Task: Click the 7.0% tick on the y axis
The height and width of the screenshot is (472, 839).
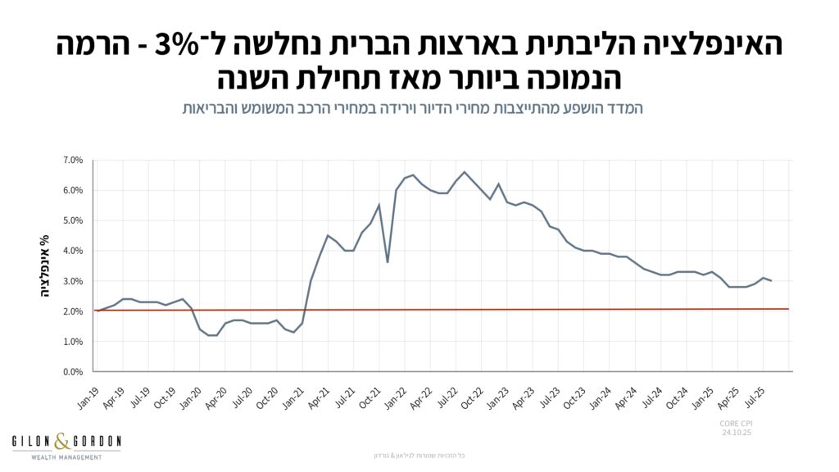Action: click(73, 160)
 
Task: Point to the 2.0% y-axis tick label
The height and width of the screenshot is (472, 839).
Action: click(73, 311)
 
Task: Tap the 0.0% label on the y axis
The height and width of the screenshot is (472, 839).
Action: click(73, 372)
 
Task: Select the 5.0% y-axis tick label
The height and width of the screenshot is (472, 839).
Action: click(73, 220)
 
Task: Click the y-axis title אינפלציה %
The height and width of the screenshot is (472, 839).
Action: click(45, 265)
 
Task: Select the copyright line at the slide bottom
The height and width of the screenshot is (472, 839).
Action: click(419, 456)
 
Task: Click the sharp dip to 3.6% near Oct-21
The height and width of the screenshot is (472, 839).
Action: click(388, 262)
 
